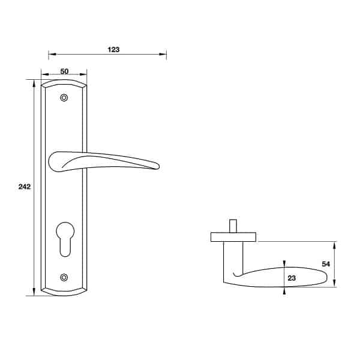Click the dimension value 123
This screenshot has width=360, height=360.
pos(113,50)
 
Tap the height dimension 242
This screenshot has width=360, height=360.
pos(25,187)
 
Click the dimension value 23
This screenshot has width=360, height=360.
pos(292,278)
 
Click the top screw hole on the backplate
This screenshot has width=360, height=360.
pos(65,98)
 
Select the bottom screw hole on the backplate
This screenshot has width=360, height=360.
pos(65,277)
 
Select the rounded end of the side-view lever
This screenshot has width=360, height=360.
pos(324,277)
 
